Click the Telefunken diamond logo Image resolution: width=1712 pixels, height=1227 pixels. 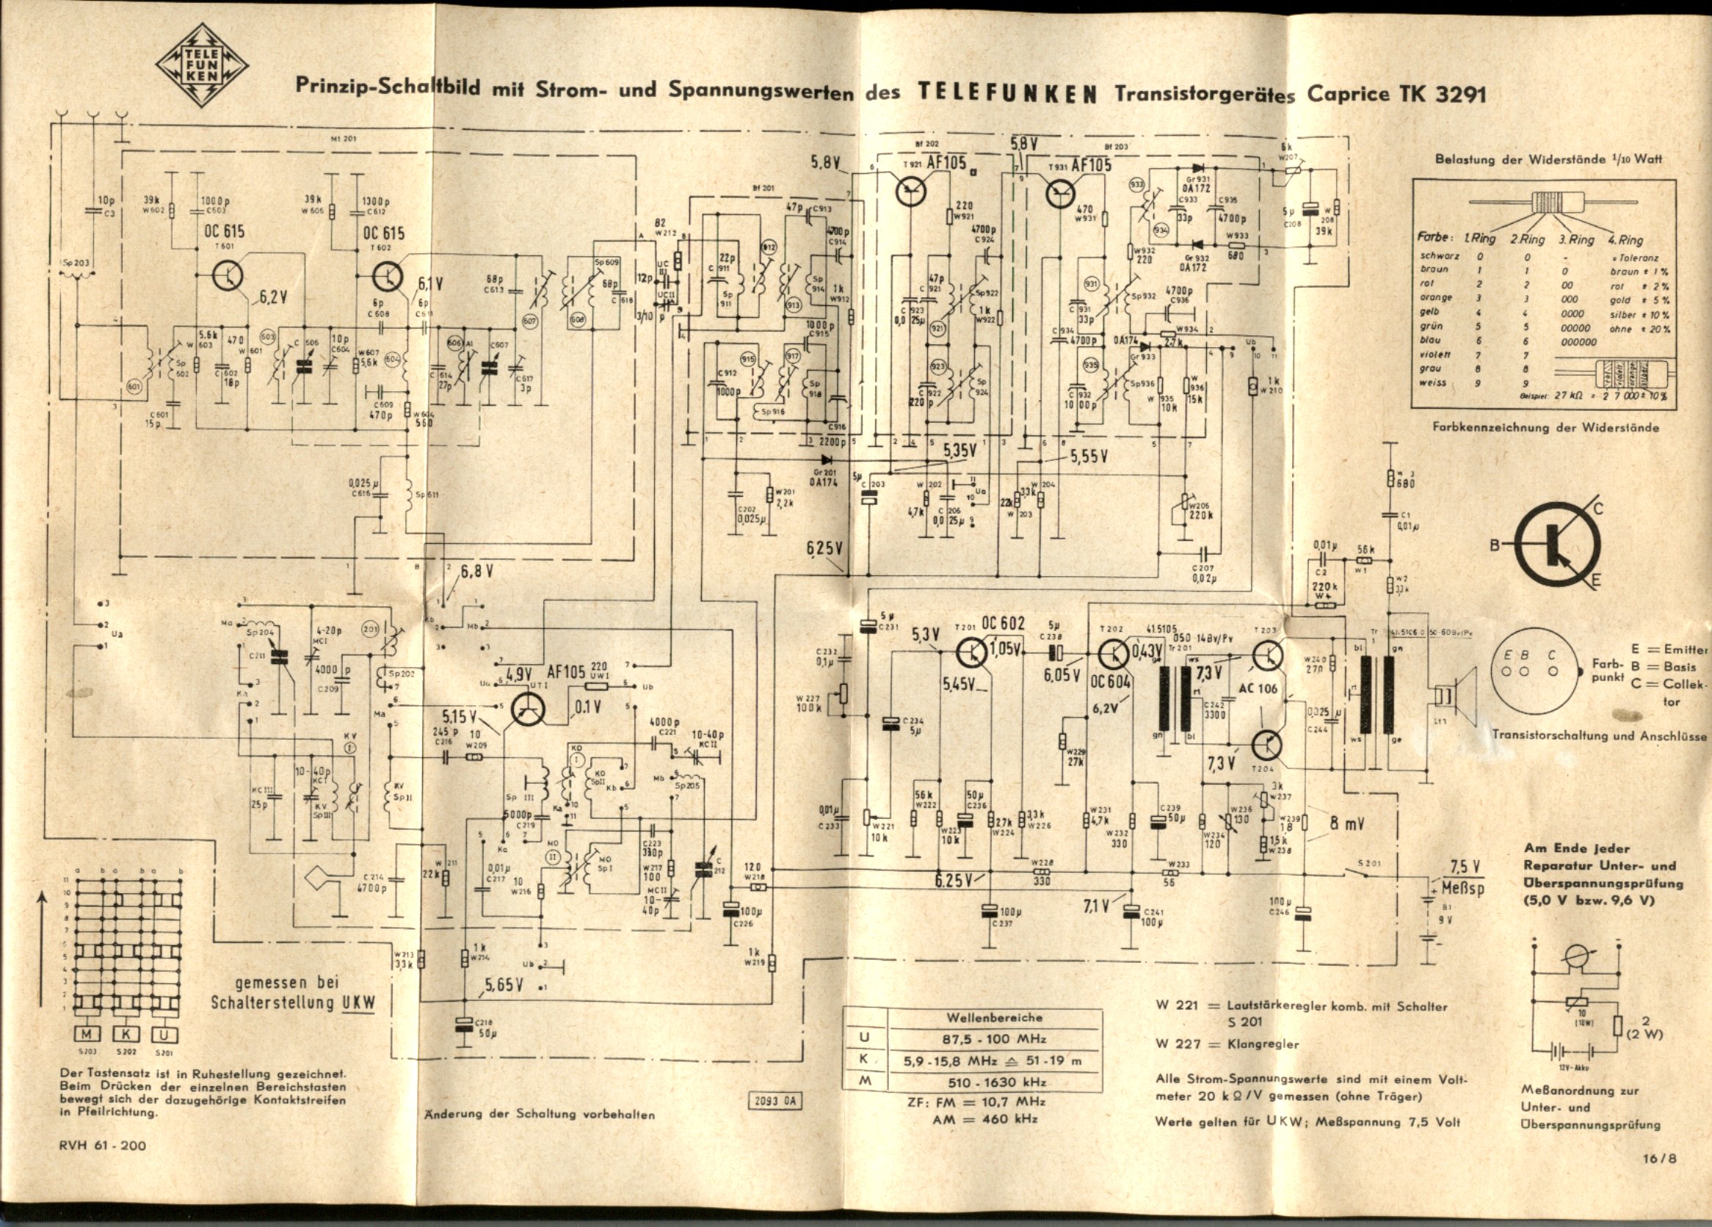(x=202, y=65)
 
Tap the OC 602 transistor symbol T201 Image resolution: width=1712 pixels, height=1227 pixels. (x=973, y=653)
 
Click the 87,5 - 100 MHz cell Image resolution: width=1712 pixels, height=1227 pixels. (x=984, y=1038)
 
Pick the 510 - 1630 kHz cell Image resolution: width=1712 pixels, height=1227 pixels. (x=984, y=1082)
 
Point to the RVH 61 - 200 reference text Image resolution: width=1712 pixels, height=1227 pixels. (x=103, y=1145)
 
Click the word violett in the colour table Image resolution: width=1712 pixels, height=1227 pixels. (x=1434, y=354)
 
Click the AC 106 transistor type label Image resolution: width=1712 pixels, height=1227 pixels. (x=1258, y=688)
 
